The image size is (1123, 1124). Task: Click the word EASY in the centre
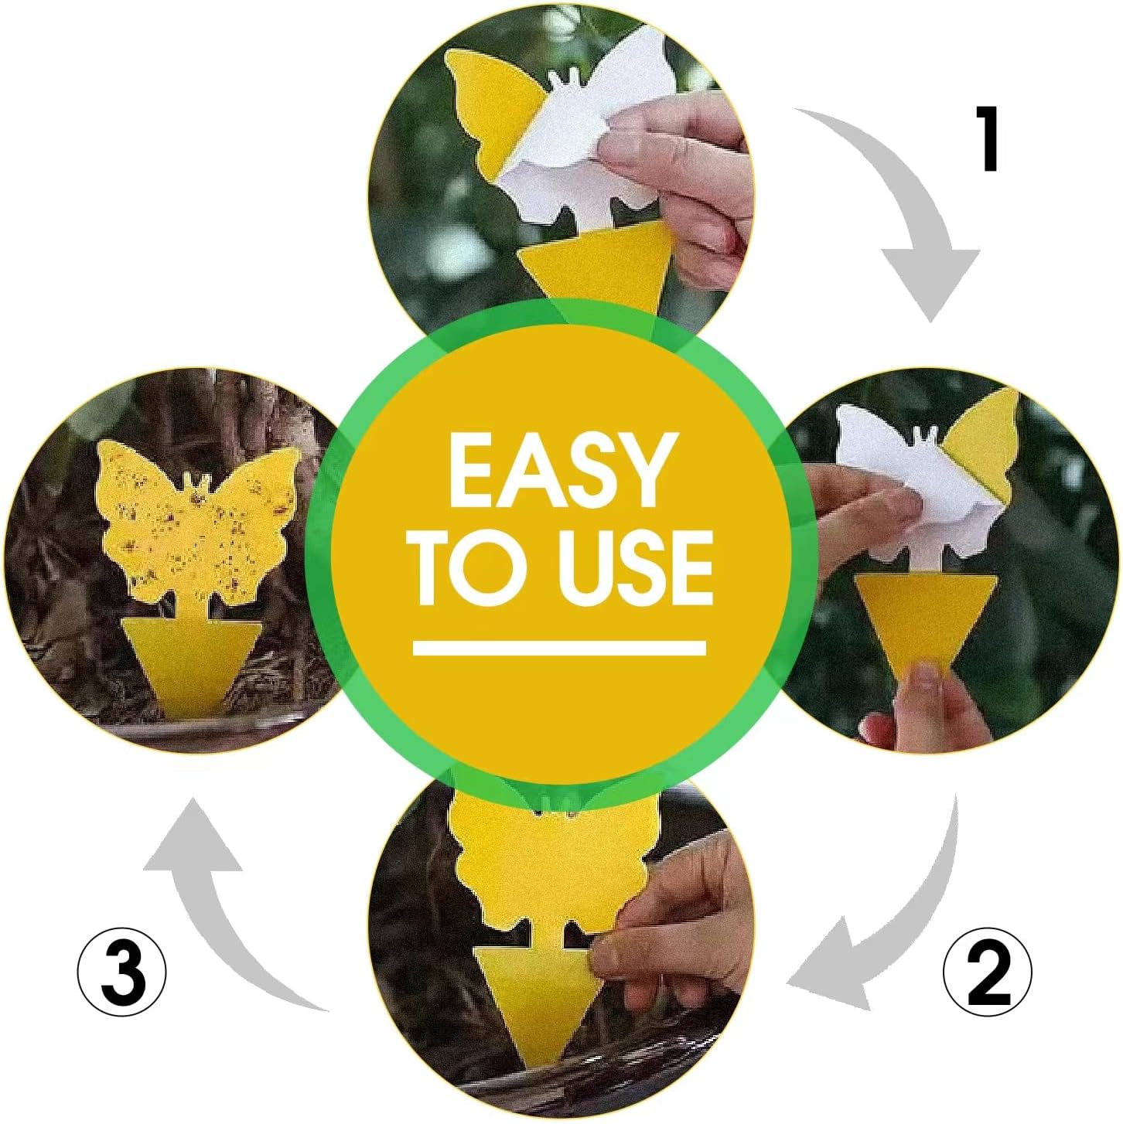click(558, 469)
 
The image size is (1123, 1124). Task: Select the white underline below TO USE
click(559, 648)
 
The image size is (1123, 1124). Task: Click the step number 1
click(988, 139)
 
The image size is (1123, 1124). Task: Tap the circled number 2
click(988, 972)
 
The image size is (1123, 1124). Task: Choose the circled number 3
click(122, 972)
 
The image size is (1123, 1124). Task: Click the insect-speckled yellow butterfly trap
click(199, 526)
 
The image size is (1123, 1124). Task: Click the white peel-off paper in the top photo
click(596, 131)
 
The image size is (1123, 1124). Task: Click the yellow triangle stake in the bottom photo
click(534, 1005)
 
